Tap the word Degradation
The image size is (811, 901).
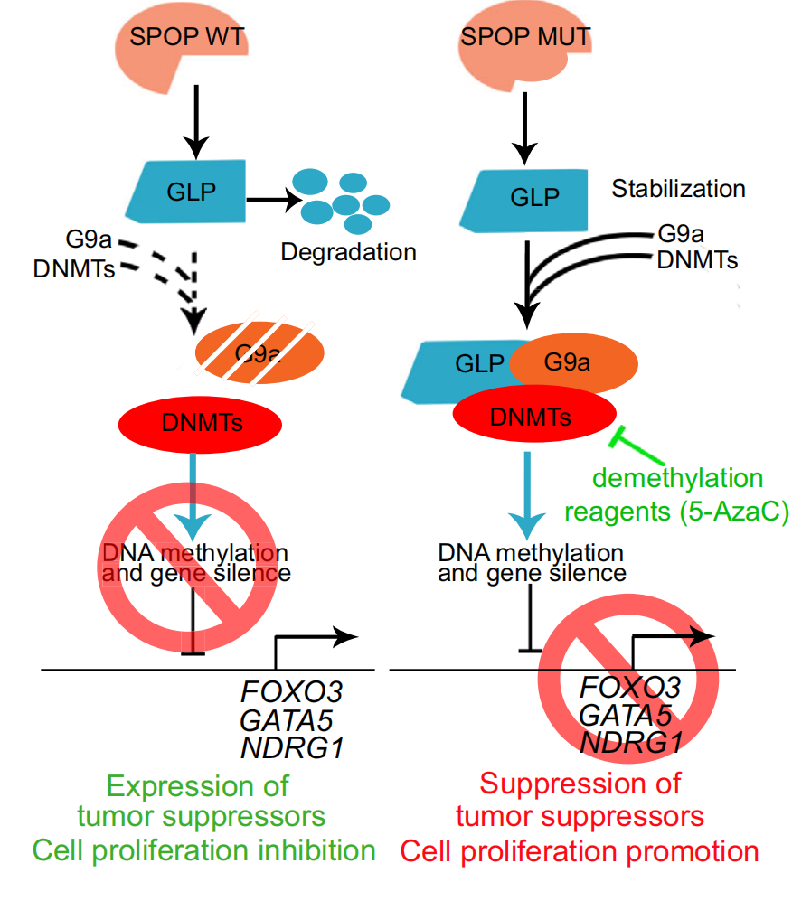click(348, 251)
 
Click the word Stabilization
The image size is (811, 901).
click(678, 190)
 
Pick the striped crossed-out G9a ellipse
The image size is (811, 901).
click(259, 351)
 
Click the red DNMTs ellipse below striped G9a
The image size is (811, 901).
click(201, 421)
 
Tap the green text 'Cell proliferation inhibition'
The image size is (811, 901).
click(203, 850)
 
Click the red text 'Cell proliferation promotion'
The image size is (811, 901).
click(580, 850)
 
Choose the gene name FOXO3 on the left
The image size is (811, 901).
click(291, 692)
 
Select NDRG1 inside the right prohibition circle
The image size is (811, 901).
click(630, 743)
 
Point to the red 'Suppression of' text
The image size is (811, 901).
click(580, 783)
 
